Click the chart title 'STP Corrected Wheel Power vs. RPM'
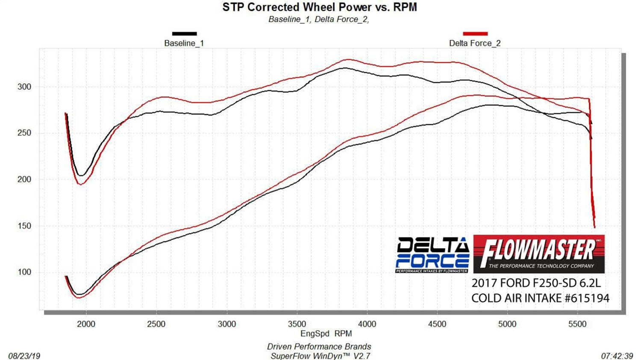click(319, 7)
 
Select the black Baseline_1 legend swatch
click(184, 34)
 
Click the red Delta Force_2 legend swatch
click(475, 34)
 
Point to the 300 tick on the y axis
click(24, 87)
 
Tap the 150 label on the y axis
click(24, 226)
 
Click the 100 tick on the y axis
click(24, 272)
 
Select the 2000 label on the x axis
click(86, 324)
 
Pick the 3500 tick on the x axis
click(297, 324)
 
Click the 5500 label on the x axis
click(577, 324)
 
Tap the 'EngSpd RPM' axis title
click(326, 334)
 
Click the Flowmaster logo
click(539, 254)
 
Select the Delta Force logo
click(432, 255)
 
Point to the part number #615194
click(587, 298)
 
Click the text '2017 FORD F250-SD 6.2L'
click(536, 283)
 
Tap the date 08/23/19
click(24, 356)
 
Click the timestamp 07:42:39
click(617, 356)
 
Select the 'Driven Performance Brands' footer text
click(319, 347)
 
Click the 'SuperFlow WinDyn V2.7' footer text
click(320, 356)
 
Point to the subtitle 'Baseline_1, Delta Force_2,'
click(318, 19)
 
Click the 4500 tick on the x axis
click(437, 324)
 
